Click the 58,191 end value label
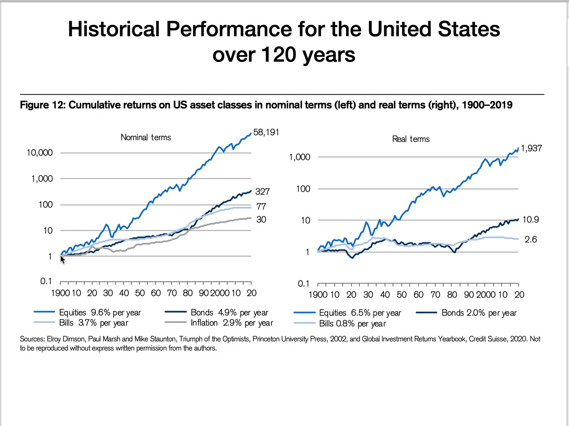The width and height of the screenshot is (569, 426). pyautogui.click(x=266, y=132)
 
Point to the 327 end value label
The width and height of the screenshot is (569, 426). pyautogui.click(x=262, y=192)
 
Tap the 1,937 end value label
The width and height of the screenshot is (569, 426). pyautogui.click(x=531, y=148)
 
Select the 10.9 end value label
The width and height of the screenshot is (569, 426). pyautogui.click(x=530, y=220)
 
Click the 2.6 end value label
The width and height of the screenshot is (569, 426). pyautogui.click(x=530, y=239)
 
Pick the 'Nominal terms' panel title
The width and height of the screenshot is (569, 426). pyautogui.click(x=146, y=137)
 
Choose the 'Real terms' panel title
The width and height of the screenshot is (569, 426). pyautogui.click(x=411, y=139)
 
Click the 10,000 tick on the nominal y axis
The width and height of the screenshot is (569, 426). pyautogui.click(x=39, y=153)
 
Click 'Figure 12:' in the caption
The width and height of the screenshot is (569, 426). pyautogui.click(x=43, y=105)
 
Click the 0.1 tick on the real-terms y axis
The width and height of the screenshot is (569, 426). pyautogui.click(x=303, y=284)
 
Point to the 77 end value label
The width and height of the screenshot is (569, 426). pyautogui.click(x=261, y=206)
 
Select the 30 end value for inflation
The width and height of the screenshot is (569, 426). pyautogui.click(x=261, y=220)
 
